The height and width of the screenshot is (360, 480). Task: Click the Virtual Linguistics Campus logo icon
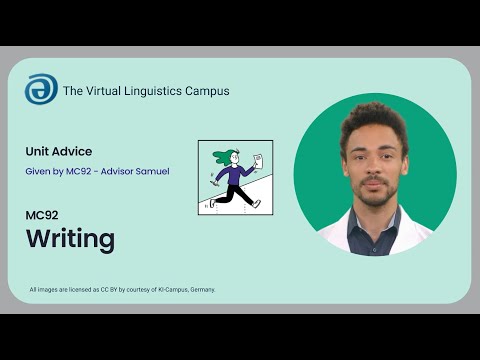pos(41,89)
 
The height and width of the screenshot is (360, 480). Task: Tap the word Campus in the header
pos(207,91)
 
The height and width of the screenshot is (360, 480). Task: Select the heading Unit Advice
pos(59,151)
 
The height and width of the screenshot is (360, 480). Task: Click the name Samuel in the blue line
pos(151,171)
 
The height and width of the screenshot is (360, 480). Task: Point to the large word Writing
pos(70,239)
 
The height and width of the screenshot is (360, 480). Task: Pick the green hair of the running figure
pos(222,158)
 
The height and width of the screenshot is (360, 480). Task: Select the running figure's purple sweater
pos(236,177)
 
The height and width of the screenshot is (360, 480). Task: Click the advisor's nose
pos(373,162)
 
